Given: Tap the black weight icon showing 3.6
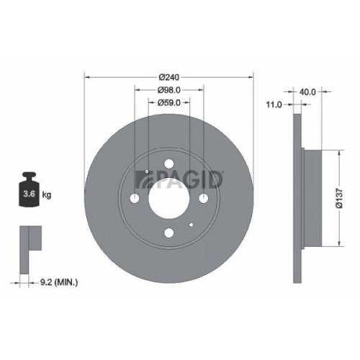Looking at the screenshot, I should pyautogui.click(x=30, y=192).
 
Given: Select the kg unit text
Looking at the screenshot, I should pyautogui.click(x=46, y=195).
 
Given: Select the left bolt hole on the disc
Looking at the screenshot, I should pyautogui.click(x=135, y=198).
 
